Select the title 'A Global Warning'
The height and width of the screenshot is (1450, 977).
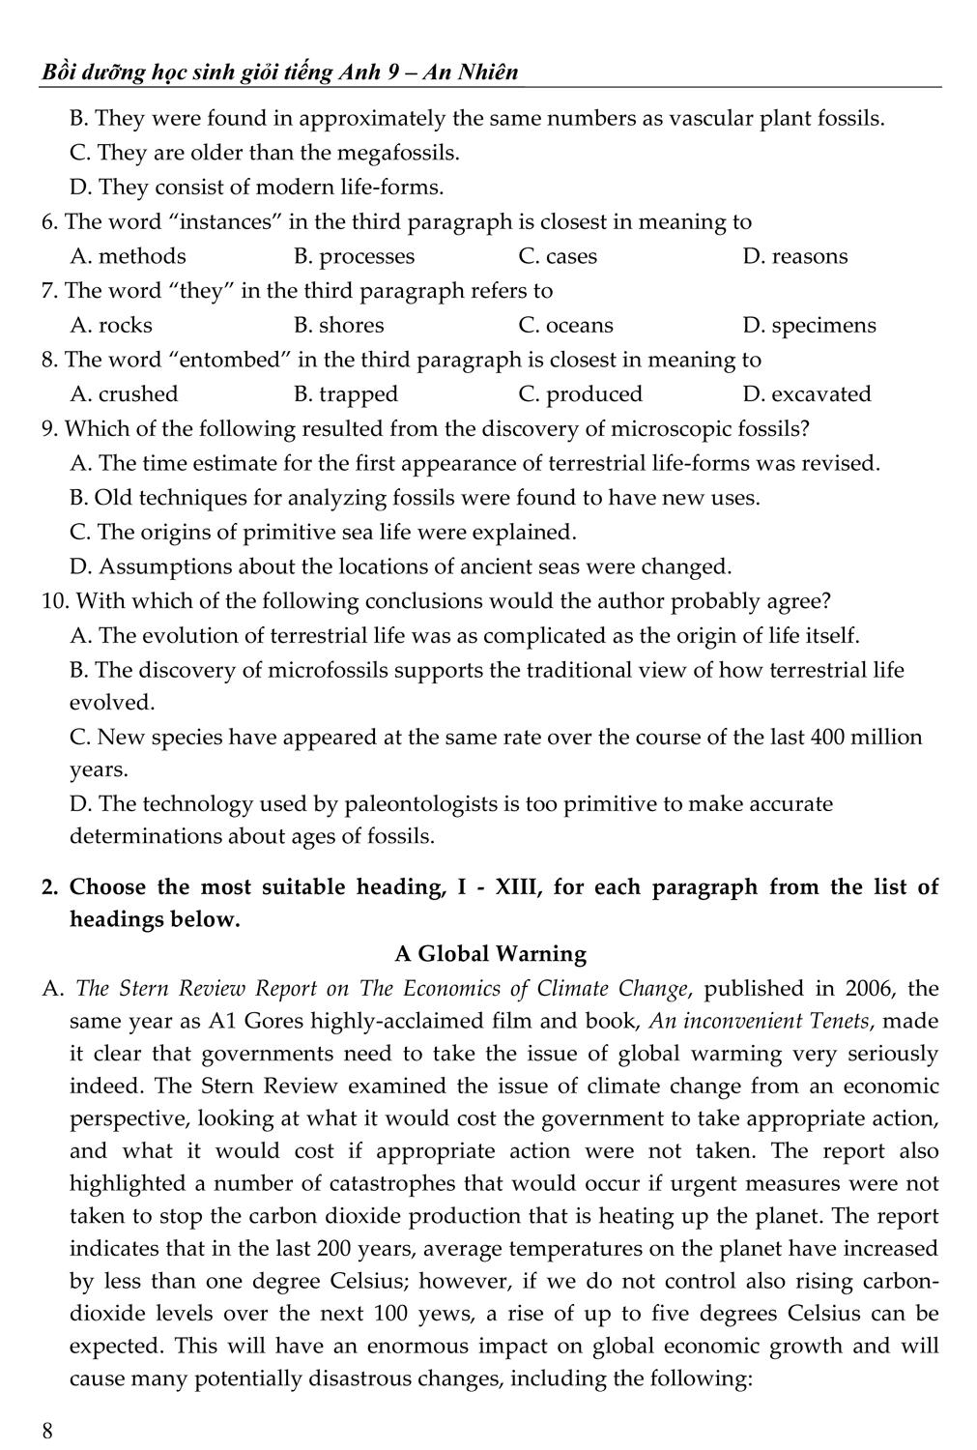pos(490,954)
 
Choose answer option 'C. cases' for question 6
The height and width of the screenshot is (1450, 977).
pos(558,256)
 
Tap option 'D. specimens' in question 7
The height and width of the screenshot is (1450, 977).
pos(809,326)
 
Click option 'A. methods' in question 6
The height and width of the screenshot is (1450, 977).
pos(129,256)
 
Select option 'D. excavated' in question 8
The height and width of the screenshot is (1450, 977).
pos(807,394)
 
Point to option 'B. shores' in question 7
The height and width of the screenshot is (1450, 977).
pos(338,326)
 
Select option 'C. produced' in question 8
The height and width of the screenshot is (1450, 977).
pos(580,394)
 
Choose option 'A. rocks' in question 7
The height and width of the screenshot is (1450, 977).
pos(112,326)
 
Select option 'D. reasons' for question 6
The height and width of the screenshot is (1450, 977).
pos(795,256)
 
